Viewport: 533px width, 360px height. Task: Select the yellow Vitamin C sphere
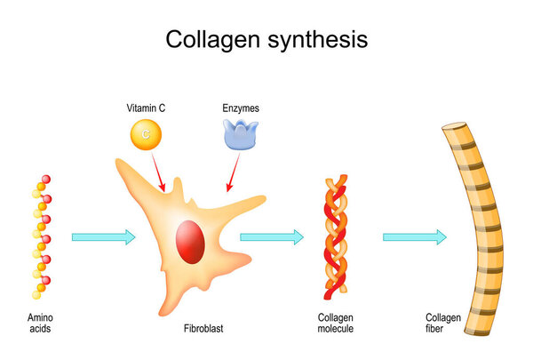point(146,134)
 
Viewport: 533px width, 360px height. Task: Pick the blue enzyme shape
point(239,134)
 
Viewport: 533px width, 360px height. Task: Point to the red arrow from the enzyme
point(234,172)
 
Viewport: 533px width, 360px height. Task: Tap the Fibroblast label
point(204,329)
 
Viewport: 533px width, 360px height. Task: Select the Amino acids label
point(40,324)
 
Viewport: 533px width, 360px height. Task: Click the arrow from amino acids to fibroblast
point(103,236)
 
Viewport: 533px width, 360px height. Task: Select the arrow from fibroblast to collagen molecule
point(272,236)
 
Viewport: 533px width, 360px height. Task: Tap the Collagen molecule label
point(337,324)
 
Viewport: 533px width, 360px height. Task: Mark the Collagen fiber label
point(443,324)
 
